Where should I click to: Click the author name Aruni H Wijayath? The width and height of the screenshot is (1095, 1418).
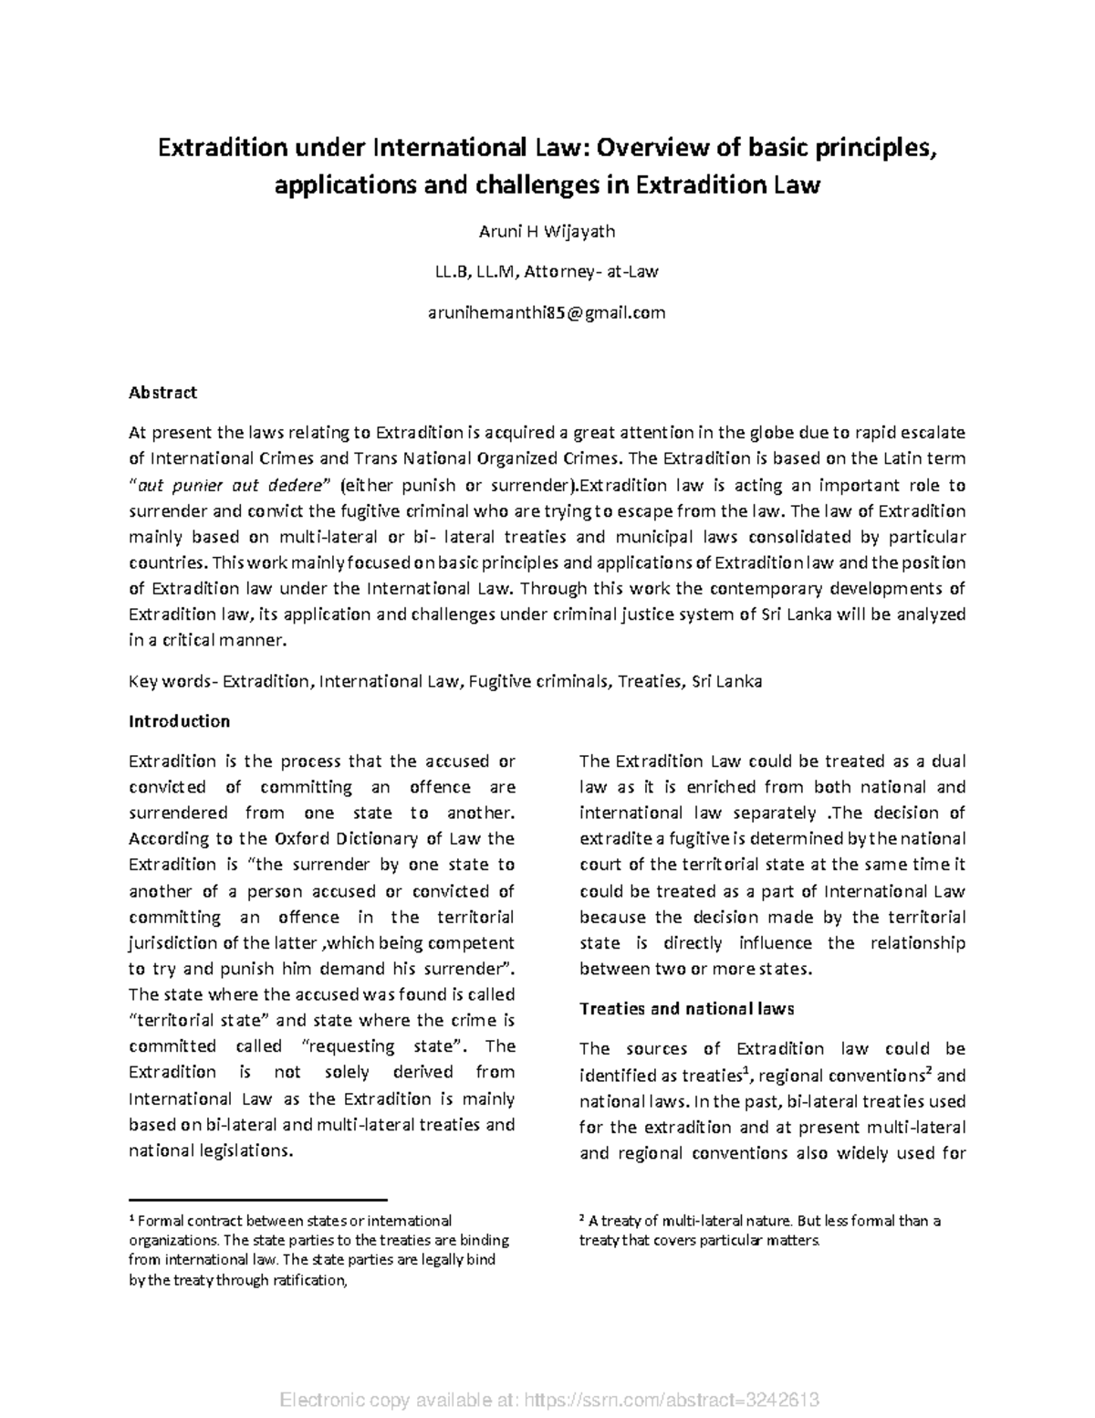tap(547, 231)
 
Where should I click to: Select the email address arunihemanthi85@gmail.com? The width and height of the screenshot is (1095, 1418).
tap(547, 312)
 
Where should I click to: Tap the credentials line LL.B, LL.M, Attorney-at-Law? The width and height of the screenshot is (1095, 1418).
tap(547, 271)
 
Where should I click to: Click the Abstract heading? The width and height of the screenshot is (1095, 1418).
tap(162, 393)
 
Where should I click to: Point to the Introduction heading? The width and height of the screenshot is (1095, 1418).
tap(179, 721)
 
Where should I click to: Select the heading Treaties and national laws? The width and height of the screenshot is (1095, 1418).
tap(686, 1009)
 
